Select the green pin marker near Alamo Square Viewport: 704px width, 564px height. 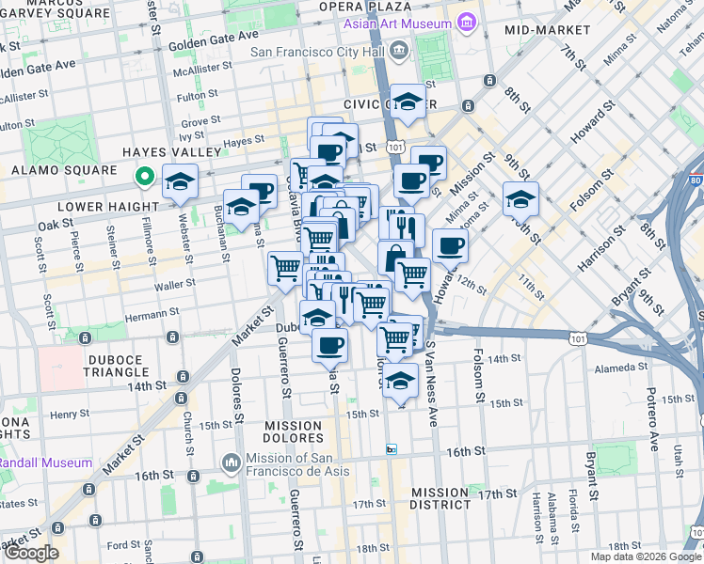tap(144, 176)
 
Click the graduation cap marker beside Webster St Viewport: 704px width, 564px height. tap(180, 183)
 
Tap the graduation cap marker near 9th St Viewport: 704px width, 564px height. tap(520, 199)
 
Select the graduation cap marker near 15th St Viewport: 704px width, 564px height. tap(401, 382)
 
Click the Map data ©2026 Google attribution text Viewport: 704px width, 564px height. tap(645, 556)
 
